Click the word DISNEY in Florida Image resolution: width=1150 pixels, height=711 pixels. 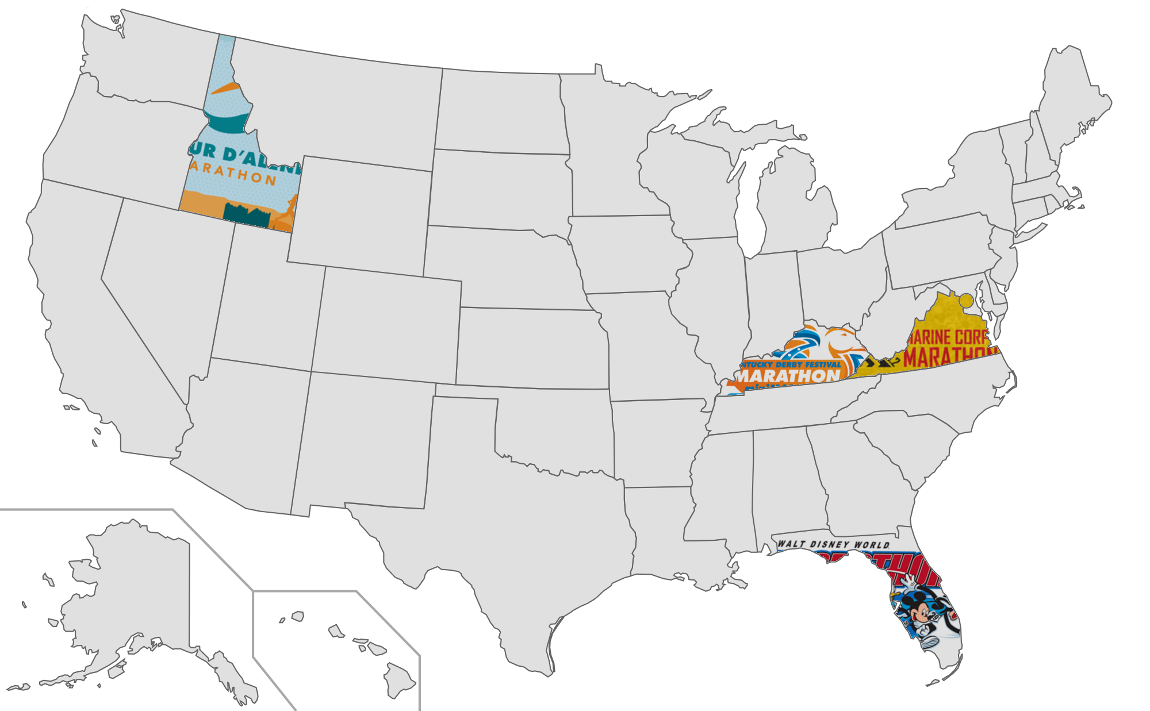[830, 544]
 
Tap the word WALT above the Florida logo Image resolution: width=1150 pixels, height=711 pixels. [791, 544]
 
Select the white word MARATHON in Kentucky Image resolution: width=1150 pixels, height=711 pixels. [789, 376]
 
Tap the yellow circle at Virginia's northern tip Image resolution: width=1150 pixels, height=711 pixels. [965, 300]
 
